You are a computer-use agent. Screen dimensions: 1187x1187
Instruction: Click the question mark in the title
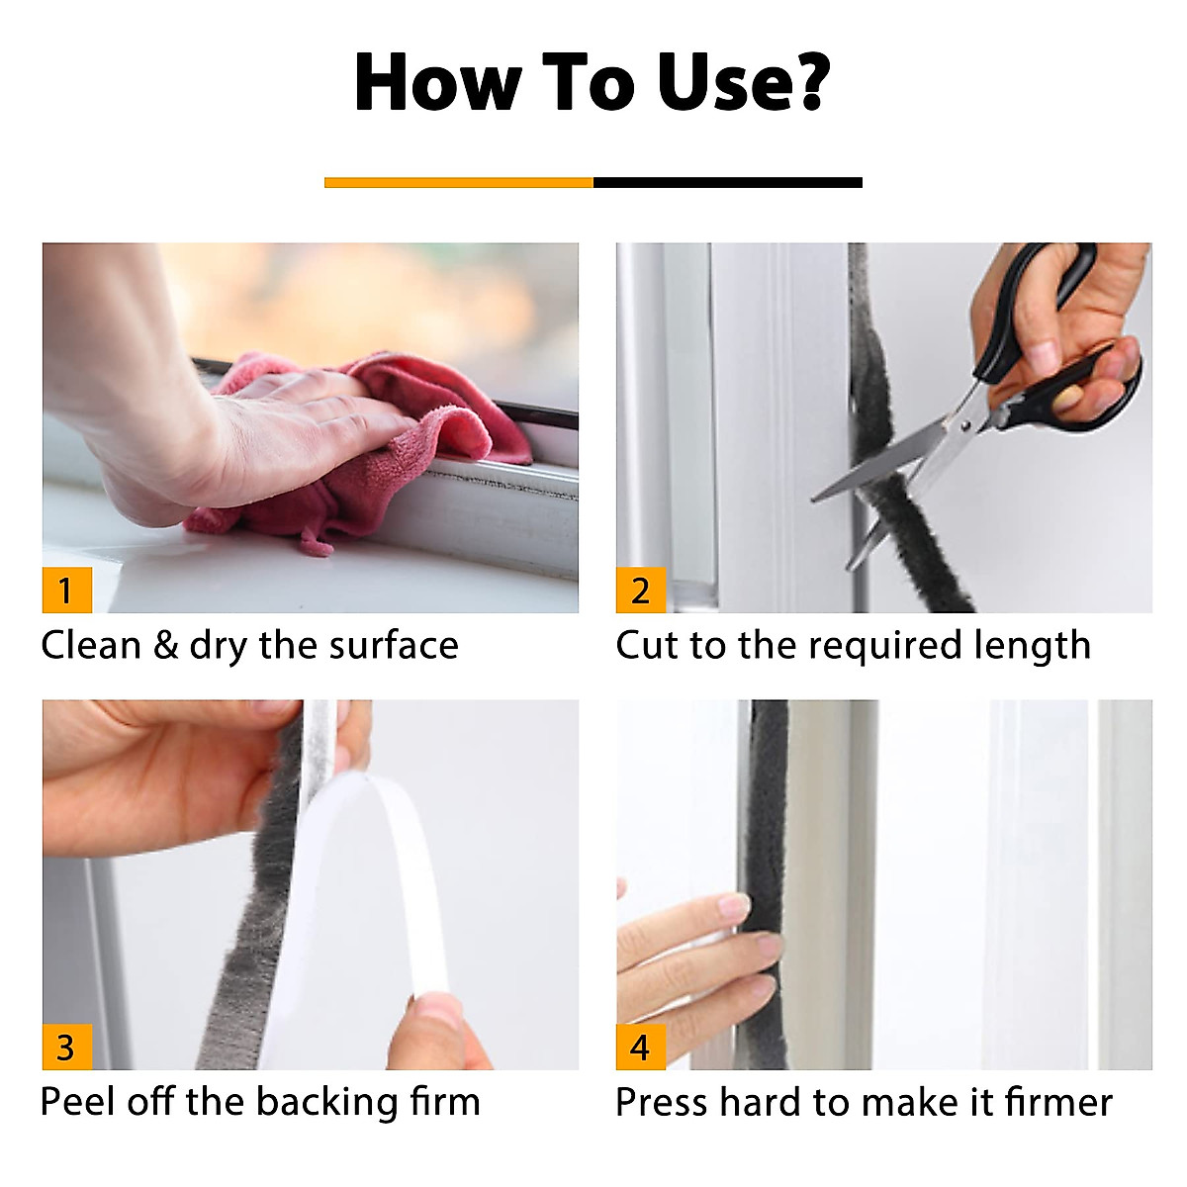tap(805, 81)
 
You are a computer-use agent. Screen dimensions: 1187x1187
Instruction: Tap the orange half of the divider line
tap(458, 182)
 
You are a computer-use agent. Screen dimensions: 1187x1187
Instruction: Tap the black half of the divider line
tap(727, 182)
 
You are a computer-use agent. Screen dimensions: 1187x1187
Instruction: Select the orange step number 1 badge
tap(67, 590)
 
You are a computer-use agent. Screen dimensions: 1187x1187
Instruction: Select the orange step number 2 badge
tap(641, 590)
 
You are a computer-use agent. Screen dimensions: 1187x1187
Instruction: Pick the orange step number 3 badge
tap(67, 1047)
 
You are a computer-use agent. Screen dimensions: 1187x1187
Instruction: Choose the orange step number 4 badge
tap(641, 1047)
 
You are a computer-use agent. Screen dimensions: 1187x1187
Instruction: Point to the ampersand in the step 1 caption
tap(165, 646)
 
